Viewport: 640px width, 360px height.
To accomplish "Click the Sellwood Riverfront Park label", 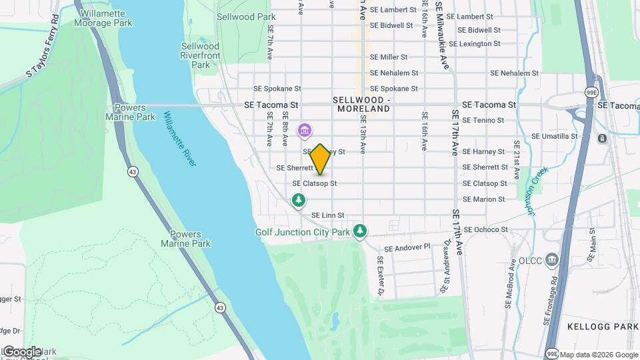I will tap(200, 55).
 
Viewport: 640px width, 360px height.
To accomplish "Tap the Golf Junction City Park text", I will tap(303, 233).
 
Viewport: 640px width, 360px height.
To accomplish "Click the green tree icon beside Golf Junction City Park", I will tap(360, 231).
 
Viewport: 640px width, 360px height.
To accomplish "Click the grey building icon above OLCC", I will tap(553, 259).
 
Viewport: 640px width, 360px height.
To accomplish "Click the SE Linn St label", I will tap(328, 215).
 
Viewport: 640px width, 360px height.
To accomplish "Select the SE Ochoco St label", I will tap(486, 229).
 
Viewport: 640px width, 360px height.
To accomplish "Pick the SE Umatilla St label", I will tap(554, 136).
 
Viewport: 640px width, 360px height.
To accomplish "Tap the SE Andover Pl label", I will tap(409, 247).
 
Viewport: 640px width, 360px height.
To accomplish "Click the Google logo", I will tap(22, 351).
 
